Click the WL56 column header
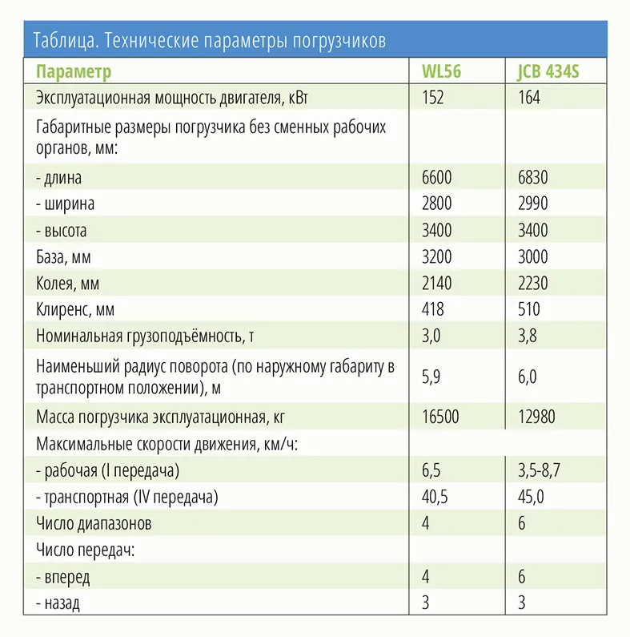click(441, 71)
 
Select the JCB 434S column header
click(548, 71)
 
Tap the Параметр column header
click(74, 71)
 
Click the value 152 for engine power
click(432, 98)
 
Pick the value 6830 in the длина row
click(533, 177)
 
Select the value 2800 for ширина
click(436, 204)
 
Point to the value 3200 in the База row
click(436, 256)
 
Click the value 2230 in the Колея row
click(533, 283)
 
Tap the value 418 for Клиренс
click(432, 309)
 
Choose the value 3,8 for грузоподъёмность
click(527, 337)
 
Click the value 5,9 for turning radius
click(431, 377)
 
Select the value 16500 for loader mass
click(440, 417)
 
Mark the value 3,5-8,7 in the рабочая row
click(540, 470)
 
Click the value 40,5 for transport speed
click(435, 497)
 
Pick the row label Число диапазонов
click(94, 523)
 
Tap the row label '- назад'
click(58, 603)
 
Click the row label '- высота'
click(62, 230)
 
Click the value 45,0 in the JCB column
click(531, 497)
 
